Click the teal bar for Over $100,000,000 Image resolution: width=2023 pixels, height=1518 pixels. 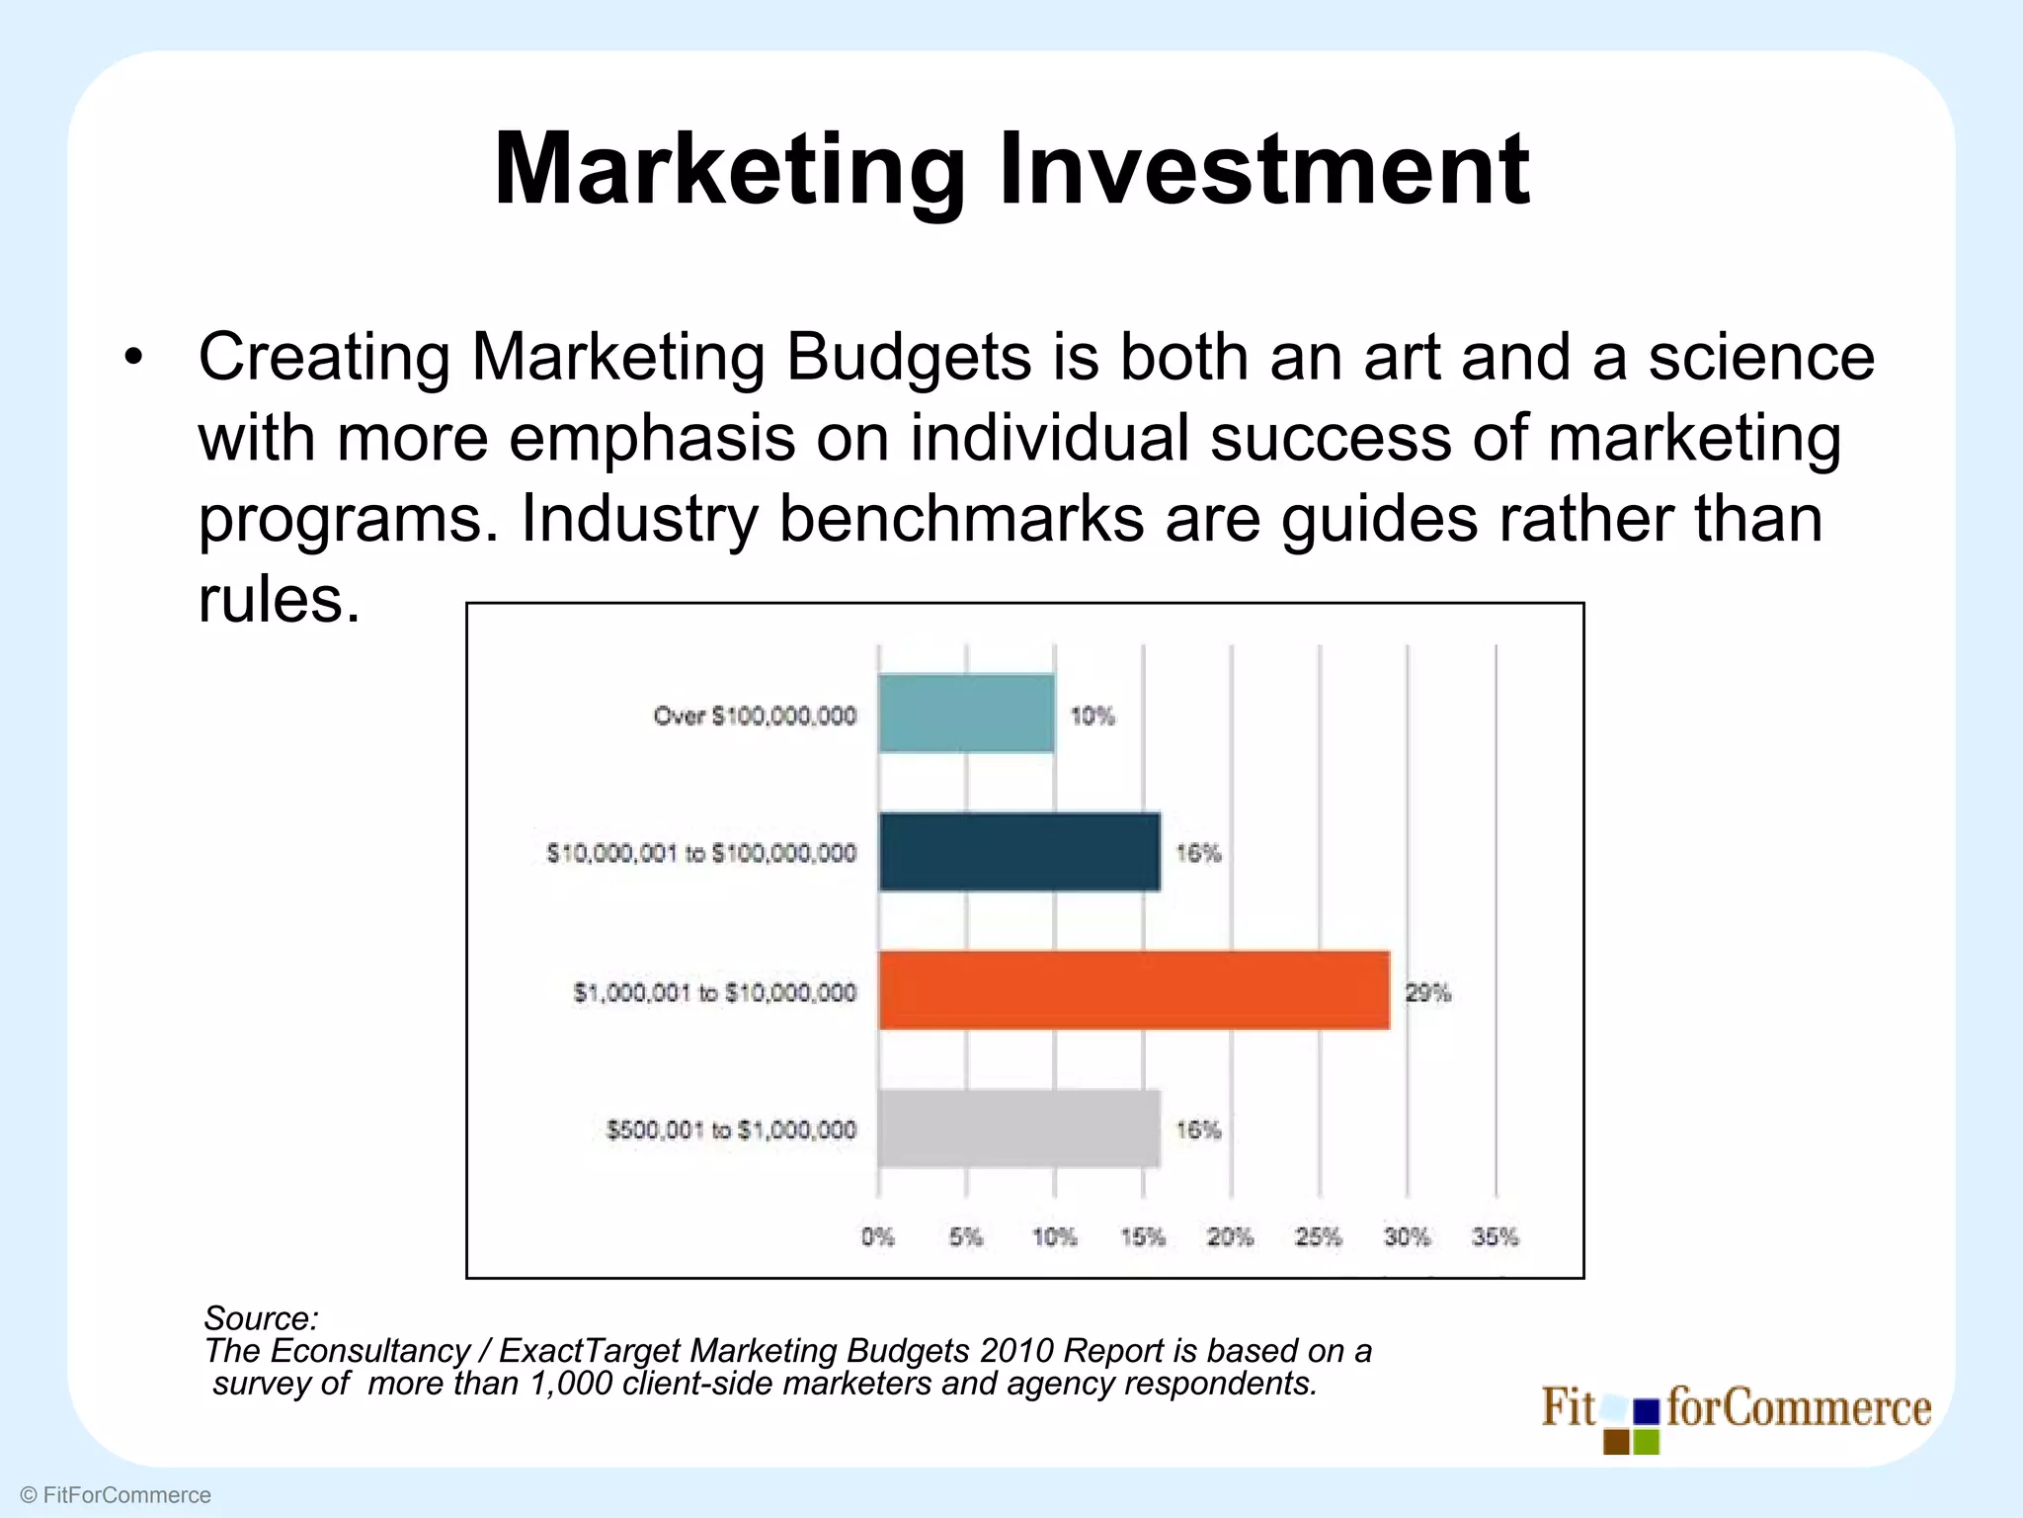click(966, 714)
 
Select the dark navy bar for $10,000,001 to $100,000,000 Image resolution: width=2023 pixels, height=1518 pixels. click(1019, 852)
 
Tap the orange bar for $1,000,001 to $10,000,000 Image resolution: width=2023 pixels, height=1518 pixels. click(1134, 990)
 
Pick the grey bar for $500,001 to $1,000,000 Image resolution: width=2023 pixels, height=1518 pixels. click(1019, 1129)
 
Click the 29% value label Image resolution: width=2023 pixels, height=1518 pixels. click(1428, 992)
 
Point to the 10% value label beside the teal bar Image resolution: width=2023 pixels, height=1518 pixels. click(1092, 716)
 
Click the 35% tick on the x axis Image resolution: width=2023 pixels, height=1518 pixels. click(1496, 1236)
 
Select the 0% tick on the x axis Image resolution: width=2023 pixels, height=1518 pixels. click(877, 1236)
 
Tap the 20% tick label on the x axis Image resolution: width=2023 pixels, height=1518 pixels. click(1231, 1236)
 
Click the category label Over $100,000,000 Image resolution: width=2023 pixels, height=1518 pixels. click(755, 716)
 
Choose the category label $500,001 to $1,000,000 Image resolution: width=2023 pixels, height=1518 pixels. click(731, 1130)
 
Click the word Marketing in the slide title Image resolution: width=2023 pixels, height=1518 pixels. click(729, 170)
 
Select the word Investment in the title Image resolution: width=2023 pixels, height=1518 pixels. click(1264, 170)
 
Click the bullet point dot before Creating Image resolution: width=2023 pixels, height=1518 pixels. click(133, 358)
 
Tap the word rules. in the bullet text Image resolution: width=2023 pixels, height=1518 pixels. click(280, 599)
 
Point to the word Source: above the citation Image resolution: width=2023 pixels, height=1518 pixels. click(261, 1317)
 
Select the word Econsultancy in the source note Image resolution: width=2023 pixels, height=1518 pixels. click(370, 1350)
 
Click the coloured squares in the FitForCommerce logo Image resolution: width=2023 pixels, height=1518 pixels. click(1632, 1423)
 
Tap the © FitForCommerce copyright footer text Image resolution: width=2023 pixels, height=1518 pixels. click(116, 1495)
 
